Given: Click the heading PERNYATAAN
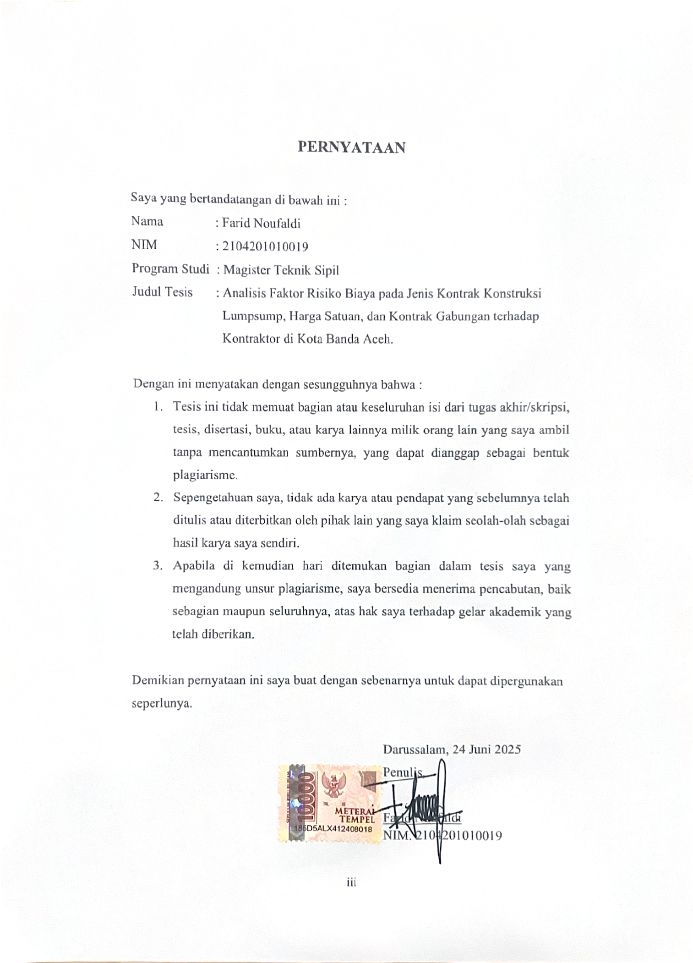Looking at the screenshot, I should click(x=351, y=147).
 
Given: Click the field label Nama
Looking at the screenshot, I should click(x=147, y=222).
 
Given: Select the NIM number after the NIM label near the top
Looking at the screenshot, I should click(x=265, y=246).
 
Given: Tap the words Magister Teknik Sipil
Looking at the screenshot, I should click(x=281, y=270).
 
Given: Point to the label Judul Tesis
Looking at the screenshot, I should click(x=162, y=292).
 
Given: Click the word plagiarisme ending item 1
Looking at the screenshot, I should click(x=204, y=475).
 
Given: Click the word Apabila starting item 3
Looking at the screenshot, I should click(x=194, y=566).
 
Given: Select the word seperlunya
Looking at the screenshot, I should click(x=162, y=703).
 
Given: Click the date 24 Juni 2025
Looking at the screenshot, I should click(x=486, y=750).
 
